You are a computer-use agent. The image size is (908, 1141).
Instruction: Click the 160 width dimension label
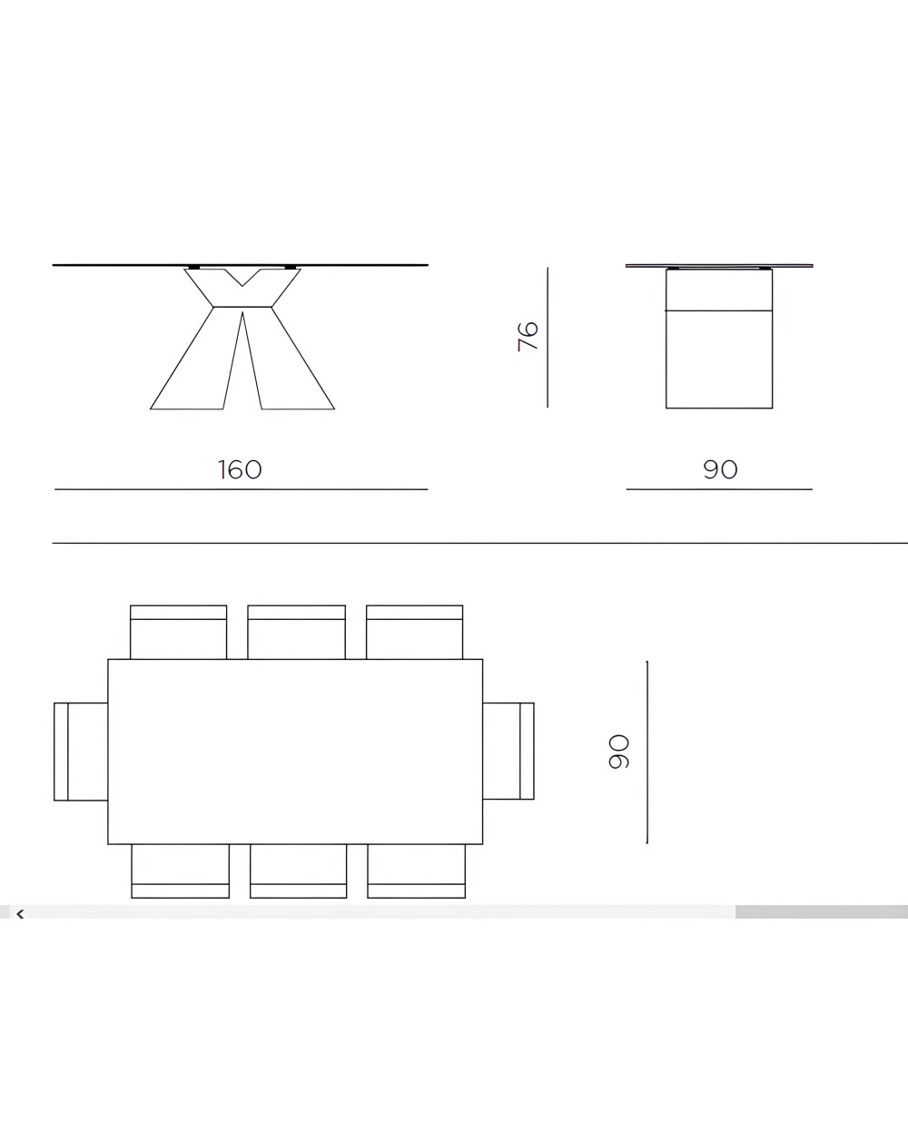point(240,469)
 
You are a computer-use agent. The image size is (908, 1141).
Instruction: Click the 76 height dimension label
point(528,336)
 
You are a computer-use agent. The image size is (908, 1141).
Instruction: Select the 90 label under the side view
point(720,469)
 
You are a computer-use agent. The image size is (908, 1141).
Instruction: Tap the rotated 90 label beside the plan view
point(618,752)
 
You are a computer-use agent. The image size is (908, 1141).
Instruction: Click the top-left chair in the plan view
point(178,632)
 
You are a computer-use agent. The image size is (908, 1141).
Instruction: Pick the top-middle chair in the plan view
point(296,632)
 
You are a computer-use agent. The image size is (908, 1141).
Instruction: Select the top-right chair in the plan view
point(415,632)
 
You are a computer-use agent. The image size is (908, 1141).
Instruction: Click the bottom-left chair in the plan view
point(180,871)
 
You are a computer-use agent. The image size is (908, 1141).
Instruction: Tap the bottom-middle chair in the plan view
point(298,871)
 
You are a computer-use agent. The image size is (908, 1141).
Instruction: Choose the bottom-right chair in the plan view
point(416,871)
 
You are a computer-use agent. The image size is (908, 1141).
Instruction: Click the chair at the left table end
point(82,752)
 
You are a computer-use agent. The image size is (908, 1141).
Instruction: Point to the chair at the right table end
point(508,752)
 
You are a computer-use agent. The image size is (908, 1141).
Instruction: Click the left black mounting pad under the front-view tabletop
point(193,268)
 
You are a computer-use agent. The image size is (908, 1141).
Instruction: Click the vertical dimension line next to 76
point(548,336)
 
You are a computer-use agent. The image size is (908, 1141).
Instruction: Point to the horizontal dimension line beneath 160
point(241,489)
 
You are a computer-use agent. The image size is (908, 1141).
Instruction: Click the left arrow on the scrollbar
point(20,913)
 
